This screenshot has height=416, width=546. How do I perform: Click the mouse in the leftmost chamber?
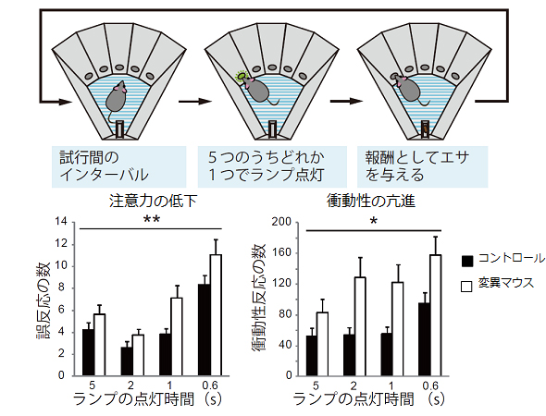tap(117, 93)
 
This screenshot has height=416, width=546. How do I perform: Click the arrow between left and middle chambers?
tap(189, 97)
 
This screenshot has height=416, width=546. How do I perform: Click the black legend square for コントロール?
tap(467, 260)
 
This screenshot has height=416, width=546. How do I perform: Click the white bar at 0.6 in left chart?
tap(216, 314)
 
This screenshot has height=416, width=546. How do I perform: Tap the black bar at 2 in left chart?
tap(127, 361)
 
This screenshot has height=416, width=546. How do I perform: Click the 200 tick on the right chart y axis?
tap(283, 222)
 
